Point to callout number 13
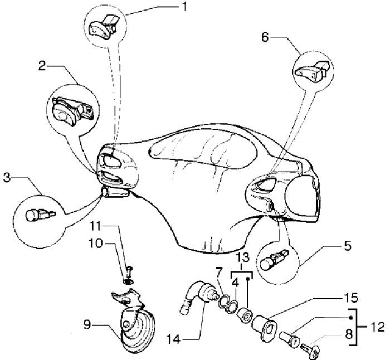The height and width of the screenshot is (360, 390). [242, 257]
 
